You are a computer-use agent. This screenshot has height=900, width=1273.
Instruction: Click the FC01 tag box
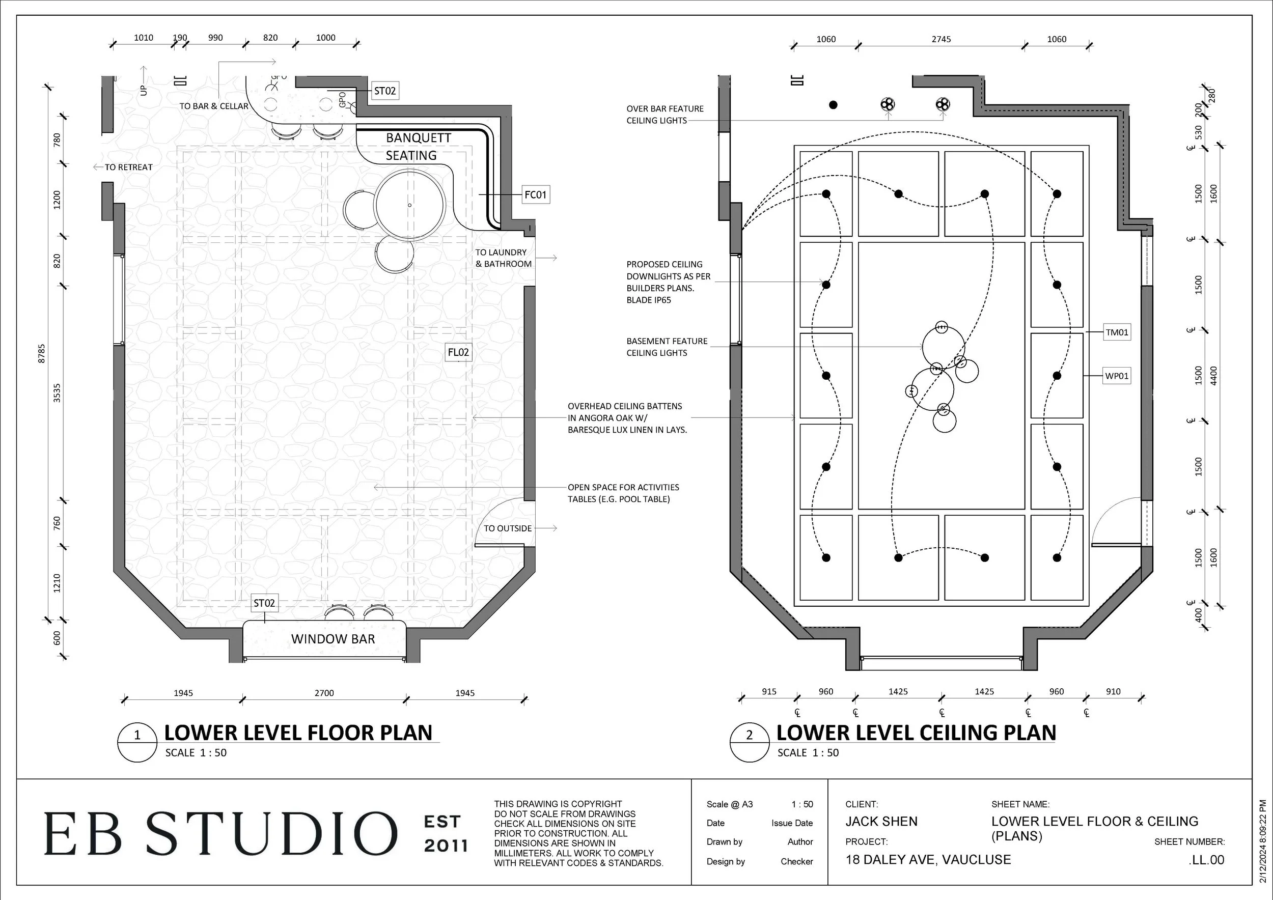pyautogui.click(x=535, y=194)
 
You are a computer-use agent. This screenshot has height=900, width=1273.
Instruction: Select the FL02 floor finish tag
pyautogui.click(x=458, y=352)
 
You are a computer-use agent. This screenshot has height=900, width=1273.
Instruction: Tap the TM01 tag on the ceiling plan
pyautogui.click(x=1117, y=332)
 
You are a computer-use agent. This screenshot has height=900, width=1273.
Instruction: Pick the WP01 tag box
pyautogui.click(x=1117, y=376)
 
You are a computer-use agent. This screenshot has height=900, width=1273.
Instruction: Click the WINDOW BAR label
pyautogui.click(x=333, y=639)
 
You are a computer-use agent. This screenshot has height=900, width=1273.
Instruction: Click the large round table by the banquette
pyautogui.click(x=410, y=205)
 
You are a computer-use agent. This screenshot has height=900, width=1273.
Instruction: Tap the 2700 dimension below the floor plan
pyautogui.click(x=324, y=693)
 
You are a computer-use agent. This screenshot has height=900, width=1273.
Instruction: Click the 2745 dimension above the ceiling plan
pyautogui.click(x=941, y=39)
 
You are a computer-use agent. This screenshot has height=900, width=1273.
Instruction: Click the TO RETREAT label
pyautogui.click(x=128, y=167)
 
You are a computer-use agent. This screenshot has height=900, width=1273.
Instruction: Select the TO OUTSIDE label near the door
pyautogui.click(x=507, y=529)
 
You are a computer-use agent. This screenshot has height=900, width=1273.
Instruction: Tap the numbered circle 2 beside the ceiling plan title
pyautogui.click(x=749, y=736)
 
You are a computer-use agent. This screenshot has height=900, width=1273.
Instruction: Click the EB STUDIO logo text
pyautogui.click(x=220, y=833)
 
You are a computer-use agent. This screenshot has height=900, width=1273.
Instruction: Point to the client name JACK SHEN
pyautogui.click(x=881, y=821)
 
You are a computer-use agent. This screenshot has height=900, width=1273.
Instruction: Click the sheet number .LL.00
pyautogui.click(x=1206, y=860)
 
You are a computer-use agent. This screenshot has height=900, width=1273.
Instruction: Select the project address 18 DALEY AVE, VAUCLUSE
pyautogui.click(x=928, y=860)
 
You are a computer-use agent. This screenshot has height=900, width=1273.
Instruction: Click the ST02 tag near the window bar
pyautogui.click(x=264, y=603)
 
